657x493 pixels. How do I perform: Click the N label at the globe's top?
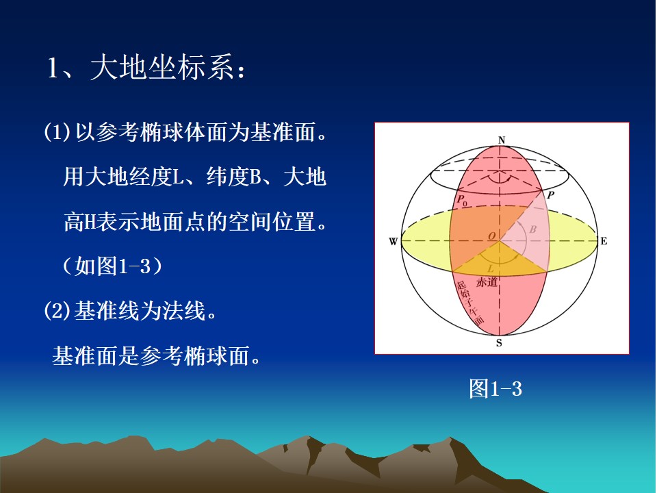502,140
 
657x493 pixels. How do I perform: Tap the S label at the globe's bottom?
499,342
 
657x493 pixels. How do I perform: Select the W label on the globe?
393,242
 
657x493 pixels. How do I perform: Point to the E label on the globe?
604,241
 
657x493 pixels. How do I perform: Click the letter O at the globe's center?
491,236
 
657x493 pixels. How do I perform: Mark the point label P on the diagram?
550,194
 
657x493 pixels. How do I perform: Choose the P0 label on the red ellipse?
462,201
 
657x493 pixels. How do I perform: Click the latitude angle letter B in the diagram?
533,229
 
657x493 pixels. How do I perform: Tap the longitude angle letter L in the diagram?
491,268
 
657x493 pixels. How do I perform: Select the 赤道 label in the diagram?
487,282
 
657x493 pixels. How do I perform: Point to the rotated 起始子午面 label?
470,302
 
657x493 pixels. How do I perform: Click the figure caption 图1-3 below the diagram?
495,389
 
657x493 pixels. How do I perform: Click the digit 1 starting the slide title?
53,68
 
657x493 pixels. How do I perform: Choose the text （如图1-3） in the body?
112,266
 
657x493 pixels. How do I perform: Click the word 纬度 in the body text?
228,177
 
